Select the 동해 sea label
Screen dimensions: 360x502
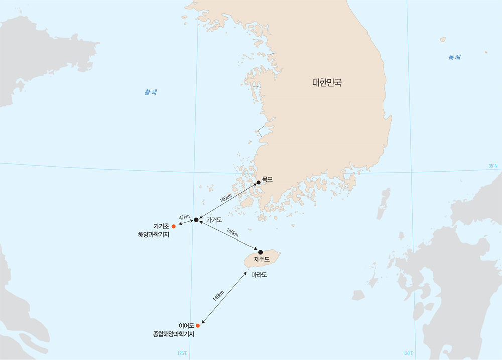(x=454, y=57)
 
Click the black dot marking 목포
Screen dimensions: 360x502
(x=258, y=182)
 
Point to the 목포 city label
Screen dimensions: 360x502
(x=267, y=177)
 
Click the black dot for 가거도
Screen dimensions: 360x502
(x=196, y=220)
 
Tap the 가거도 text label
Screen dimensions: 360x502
(x=214, y=220)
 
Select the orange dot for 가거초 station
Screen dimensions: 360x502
(x=174, y=226)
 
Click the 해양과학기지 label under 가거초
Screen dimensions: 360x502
(x=154, y=234)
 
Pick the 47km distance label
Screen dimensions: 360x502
(x=184, y=218)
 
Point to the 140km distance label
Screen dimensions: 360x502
(x=232, y=233)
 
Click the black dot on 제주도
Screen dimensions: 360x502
(x=260, y=252)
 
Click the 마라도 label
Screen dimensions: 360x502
(x=259, y=275)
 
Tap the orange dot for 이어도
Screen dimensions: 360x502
(x=197, y=326)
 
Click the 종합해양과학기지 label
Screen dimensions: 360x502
(x=174, y=334)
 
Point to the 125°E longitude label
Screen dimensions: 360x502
(x=182, y=353)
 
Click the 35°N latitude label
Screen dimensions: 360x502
(x=493, y=165)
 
